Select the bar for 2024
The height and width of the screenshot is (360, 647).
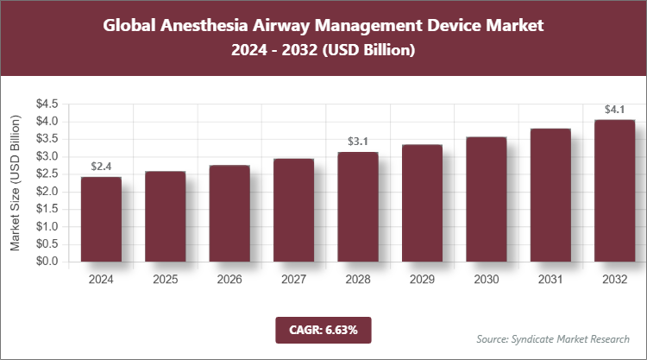(x=101, y=219)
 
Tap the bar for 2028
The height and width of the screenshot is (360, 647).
(x=357, y=206)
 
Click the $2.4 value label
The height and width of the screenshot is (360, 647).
(x=101, y=166)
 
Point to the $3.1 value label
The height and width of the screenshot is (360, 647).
(x=357, y=141)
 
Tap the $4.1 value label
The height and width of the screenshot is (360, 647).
(x=614, y=109)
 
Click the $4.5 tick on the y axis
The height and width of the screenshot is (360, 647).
(x=47, y=104)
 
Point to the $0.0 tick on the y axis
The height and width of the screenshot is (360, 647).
(x=47, y=262)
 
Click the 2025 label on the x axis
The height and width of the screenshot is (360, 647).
(x=165, y=280)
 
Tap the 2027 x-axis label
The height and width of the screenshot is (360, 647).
(x=293, y=280)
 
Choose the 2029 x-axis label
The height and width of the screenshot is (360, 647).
(x=422, y=280)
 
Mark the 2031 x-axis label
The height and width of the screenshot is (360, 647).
(x=550, y=280)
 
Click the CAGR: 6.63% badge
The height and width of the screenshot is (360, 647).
(x=323, y=330)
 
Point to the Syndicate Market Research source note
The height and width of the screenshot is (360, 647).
(x=553, y=338)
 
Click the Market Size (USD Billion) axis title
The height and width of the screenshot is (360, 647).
(x=16, y=182)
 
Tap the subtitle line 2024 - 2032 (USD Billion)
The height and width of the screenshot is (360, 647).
(x=323, y=51)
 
